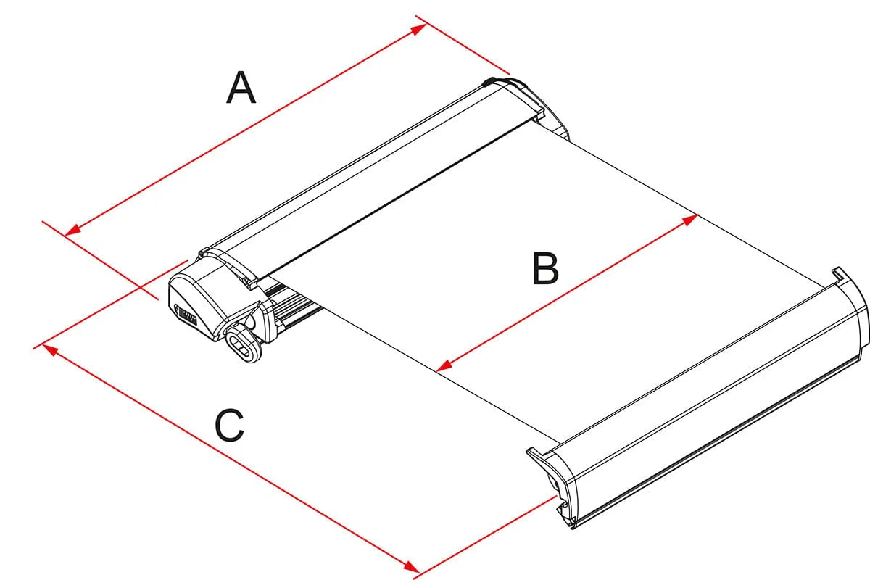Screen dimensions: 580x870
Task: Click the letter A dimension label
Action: [241, 87]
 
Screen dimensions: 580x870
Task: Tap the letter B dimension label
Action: [545, 268]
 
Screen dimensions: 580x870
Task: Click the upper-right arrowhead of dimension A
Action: [419, 28]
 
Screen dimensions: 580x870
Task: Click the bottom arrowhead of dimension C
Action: [413, 568]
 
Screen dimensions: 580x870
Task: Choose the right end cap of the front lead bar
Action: [852, 304]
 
